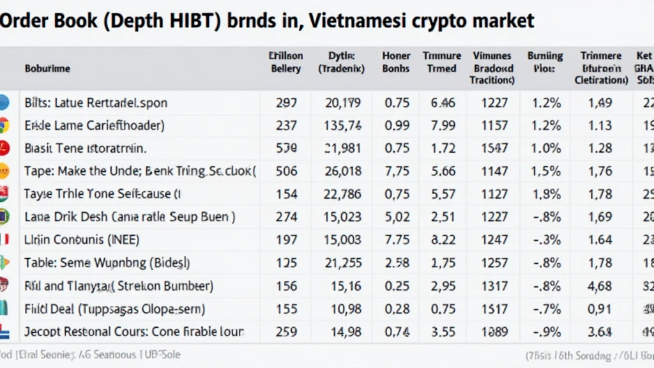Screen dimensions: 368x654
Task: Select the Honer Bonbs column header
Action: tap(396, 62)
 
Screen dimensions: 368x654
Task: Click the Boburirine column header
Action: tap(48, 68)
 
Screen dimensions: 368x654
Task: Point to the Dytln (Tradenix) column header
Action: tap(341, 62)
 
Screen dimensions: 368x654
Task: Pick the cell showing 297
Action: tap(286, 102)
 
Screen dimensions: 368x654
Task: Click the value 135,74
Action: tap(343, 125)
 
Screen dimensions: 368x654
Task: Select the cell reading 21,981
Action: tap(343, 148)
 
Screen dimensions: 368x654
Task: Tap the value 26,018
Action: tap(343, 171)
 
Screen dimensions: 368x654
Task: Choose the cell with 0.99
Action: tap(397, 125)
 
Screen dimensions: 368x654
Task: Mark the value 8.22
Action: tap(443, 240)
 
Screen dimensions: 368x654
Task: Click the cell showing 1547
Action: tap(495, 148)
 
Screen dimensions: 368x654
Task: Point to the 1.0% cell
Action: tap(547, 148)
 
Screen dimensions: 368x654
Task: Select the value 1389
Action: tap(495, 332)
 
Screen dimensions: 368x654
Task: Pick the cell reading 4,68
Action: tap(600, 286)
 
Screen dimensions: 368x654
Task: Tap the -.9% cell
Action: tap(547, 332)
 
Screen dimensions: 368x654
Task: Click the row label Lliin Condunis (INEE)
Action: tap(82, 240)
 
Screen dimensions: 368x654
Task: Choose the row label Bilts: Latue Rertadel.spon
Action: tap(96, 102)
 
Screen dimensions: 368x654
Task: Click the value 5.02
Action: tap(397, 217)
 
